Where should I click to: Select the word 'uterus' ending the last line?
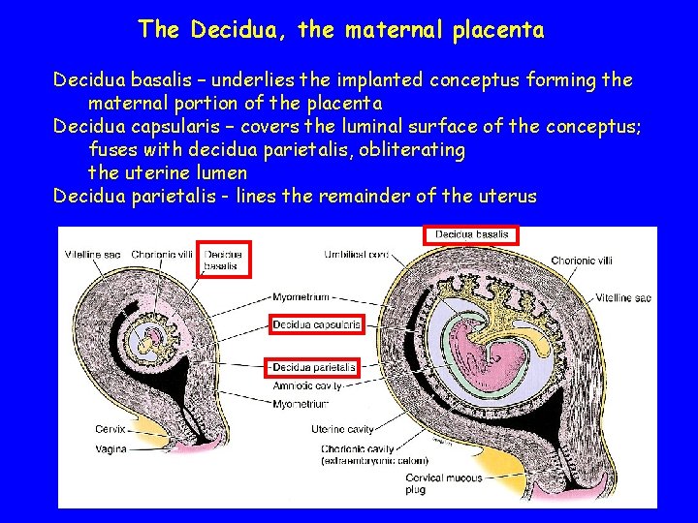(x=507, y=197)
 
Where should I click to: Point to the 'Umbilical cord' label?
(x=357, y=255)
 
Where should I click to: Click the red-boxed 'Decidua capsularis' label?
(x=316, y=324)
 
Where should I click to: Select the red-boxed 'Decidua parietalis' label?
(x=314, y=368)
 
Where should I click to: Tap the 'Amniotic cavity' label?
(x=307, y=385)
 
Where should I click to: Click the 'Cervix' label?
(x=110, y=429)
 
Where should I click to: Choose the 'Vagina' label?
(x=111, y=448)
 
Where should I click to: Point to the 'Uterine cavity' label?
(x=342, y=428)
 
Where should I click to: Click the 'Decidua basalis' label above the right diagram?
(x=471, y=234)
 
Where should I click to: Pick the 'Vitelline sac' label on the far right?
(x=623, y=298)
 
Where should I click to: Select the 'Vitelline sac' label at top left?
(x=93, y=255)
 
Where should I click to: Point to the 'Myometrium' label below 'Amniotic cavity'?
(x=300, y=403)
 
